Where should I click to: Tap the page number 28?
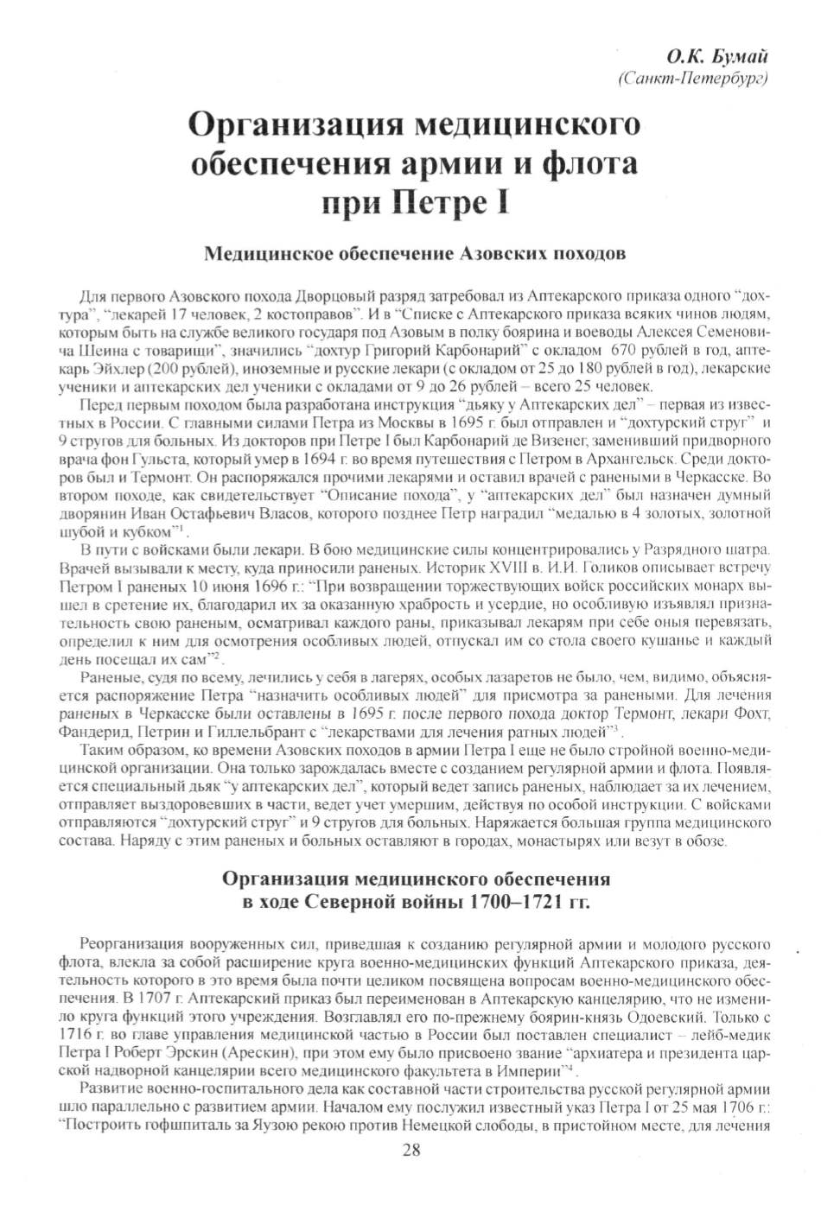(410, 1149)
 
